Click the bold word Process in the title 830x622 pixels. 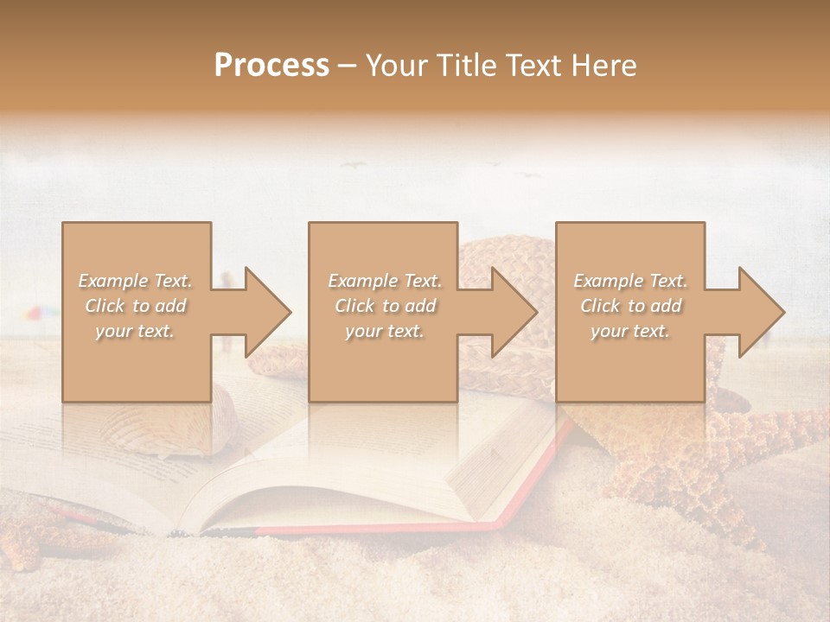click(271, 65)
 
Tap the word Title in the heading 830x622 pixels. click(467, 65)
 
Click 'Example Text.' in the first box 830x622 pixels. click(136, 281)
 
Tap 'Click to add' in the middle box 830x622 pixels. click(385, 306)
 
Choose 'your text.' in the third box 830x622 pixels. click(630, 331)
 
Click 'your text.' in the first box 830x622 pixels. click(136, 331)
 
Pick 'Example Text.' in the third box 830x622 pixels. click(630, 281)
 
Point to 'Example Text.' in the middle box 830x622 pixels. click(385, 281)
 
